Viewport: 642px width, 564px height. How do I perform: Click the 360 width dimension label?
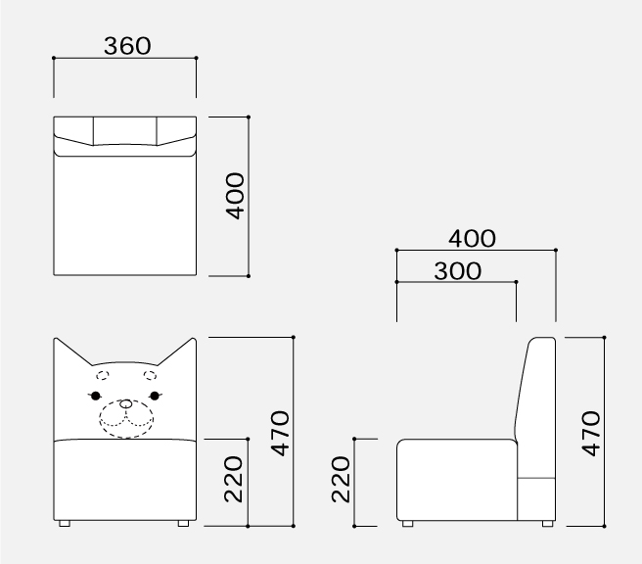(x=127, y=45)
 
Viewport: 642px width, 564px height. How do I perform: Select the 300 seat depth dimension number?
(x=457, y=271)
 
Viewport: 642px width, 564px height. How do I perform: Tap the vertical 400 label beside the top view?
(x=235, y=196)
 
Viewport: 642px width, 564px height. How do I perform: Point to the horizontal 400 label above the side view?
(x=472, y=238)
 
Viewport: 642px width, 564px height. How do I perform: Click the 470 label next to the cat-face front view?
(x=281, y=434)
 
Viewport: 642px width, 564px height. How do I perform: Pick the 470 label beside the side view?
(x=591, y=434)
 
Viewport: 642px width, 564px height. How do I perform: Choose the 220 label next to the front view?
(x=233, y=479)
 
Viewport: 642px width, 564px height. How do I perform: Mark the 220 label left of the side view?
(x=341, y=479)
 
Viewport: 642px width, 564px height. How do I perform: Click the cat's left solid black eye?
(x=95, y=396)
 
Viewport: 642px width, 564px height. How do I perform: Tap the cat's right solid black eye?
(x=155, y=396)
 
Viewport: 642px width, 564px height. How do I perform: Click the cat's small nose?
(x=125, y=404)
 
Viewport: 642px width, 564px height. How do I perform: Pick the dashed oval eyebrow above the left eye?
(x=103, y=375)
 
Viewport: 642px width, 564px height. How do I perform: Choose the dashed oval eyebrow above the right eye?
(x=150, y=375)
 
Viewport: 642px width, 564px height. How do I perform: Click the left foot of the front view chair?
(x=65, y=523)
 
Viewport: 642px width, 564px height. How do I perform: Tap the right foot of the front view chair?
(x=183, y=523)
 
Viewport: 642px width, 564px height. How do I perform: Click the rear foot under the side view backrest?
(x=547, y=523)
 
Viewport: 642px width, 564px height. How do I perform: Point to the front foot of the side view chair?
(x=408, y=523)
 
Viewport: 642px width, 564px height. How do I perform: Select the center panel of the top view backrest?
(x=125, y=130)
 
